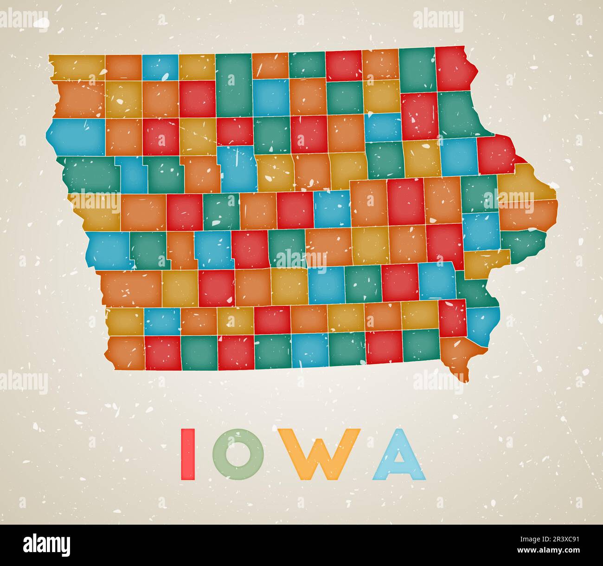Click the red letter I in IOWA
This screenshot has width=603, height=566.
click(x=187, y=454)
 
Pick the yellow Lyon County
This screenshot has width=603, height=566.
click(x=77, y=67)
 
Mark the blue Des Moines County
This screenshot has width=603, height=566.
click(x=482, y=325)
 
